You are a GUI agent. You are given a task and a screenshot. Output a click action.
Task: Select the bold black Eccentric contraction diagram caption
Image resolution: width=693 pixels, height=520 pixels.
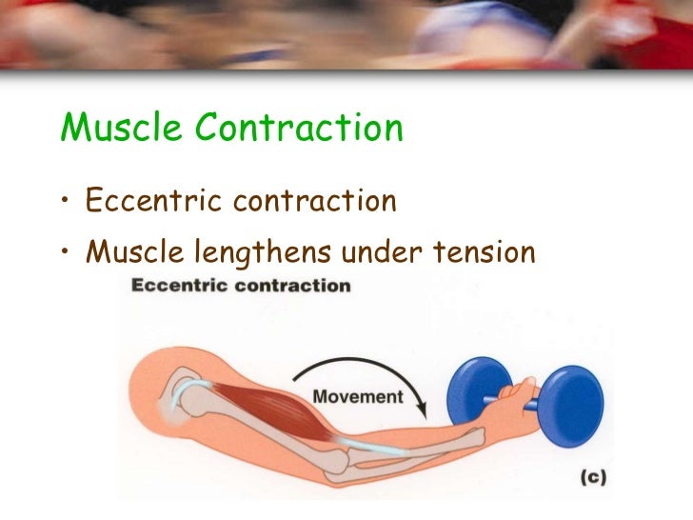pos(240,285)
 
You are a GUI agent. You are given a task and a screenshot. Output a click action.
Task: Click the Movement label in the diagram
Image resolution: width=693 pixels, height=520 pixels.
pos(357,397)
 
